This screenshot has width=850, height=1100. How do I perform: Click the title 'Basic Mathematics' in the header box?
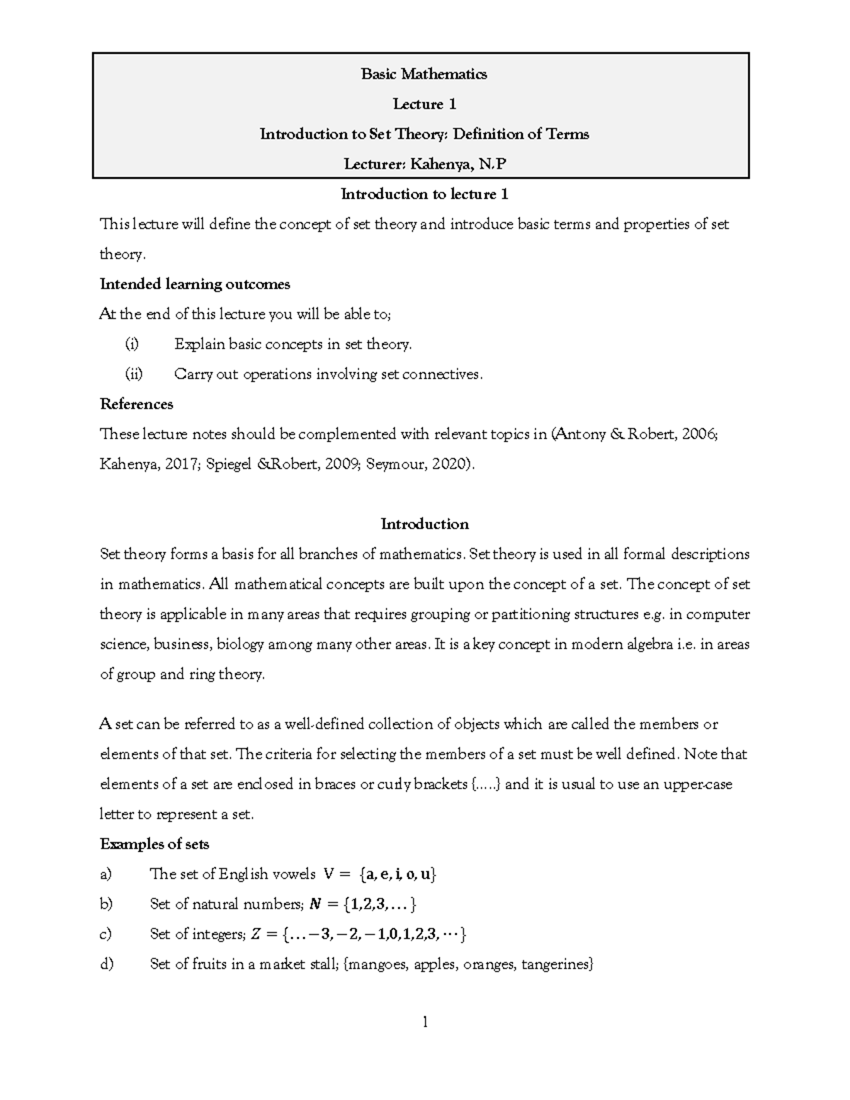tap(424, 74)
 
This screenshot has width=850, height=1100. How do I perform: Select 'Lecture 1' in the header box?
tap(424, 105)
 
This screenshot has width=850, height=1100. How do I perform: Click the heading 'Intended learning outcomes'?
tap(195, 285)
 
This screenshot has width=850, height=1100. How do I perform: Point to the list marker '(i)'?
tap(132, 345)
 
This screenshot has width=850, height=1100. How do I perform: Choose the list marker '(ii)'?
tap(133, 375)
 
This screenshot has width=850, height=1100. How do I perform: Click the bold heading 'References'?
tap(137, 404)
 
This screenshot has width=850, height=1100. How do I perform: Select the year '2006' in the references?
tap(699, 434)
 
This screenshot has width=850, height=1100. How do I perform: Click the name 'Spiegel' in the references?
tap(231, 465)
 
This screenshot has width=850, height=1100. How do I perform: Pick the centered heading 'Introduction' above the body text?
tap(424, 525)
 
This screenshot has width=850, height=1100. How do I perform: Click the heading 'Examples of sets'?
tap(154, 844)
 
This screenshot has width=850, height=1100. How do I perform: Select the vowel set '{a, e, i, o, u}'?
tap(398, 875)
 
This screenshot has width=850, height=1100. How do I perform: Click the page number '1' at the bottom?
tap(425, 1022)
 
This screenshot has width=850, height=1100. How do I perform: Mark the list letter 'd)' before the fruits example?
tap(106, 965)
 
